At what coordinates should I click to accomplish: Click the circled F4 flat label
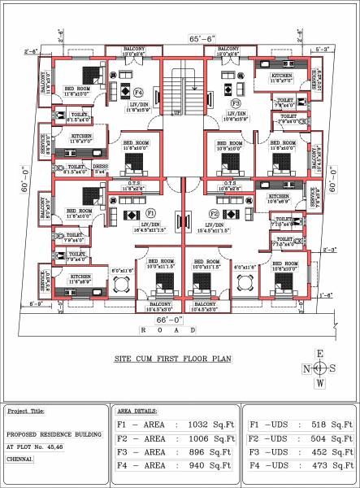(x=138, y=93)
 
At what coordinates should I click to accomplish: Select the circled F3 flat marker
(x=236, y=103)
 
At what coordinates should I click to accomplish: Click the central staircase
(x=180, y=89)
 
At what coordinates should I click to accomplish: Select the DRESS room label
(x=101, y=170)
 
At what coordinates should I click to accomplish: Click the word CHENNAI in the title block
(x=20, y=459)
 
